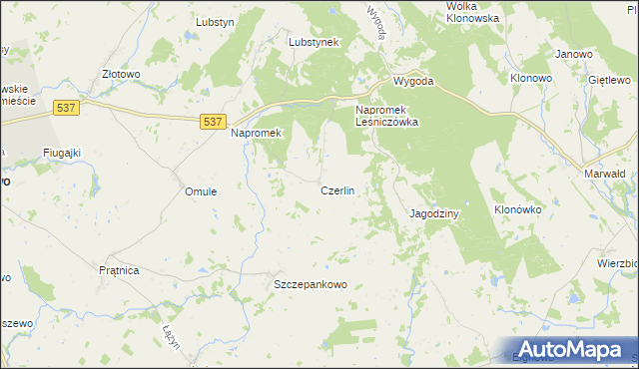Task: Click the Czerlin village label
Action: click(x=337, y=189)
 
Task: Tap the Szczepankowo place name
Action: click(x=311, y=284)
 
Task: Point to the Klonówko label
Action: click(x=517, y=210)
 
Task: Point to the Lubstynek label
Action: click(x=315, y=43)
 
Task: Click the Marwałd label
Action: click(x=604, y=173)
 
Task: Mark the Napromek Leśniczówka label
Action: click(x=386, y=116)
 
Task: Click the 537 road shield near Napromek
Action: click(x=211, y=121)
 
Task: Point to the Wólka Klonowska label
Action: click(x=473, y=12)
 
